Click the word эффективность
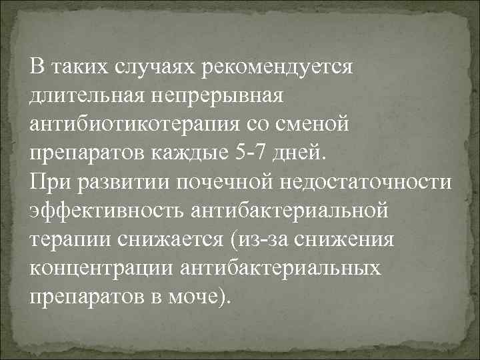coord(107,211)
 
